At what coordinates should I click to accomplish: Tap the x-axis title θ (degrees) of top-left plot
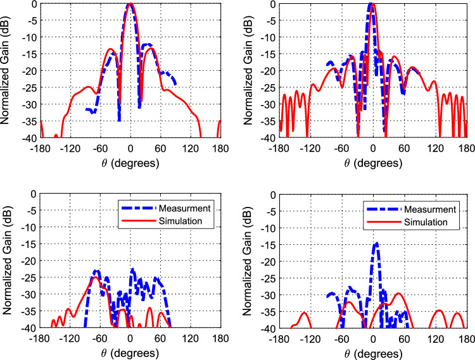130,163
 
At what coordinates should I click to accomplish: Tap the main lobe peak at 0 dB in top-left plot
130,4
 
